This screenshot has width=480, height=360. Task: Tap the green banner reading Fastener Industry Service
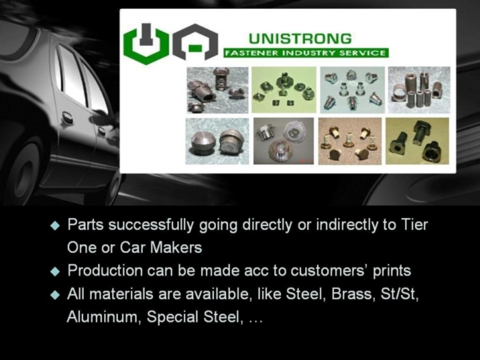click(306, 53)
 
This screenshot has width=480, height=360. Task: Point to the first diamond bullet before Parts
click(56, 226)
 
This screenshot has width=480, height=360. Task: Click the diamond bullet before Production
click(56, 272)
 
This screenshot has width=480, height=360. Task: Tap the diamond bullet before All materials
click(56, 296)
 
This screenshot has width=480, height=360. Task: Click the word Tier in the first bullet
click(414, 225)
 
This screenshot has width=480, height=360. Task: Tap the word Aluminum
click(97, 318)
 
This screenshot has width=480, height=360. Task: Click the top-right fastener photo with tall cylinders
click(418, 89)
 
